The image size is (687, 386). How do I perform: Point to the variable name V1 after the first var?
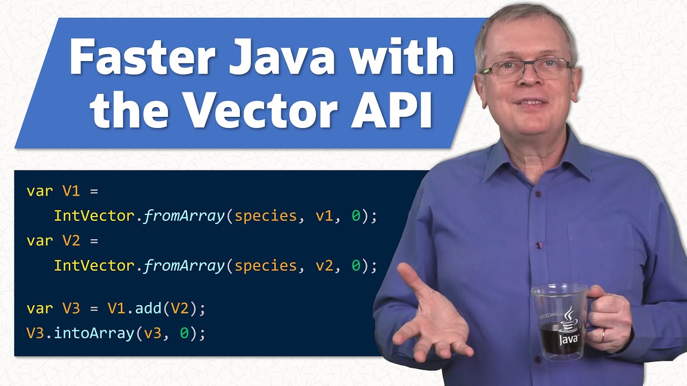[71, 191]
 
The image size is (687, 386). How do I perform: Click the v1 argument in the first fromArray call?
[324, 216]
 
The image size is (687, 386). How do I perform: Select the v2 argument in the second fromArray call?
[324, 265]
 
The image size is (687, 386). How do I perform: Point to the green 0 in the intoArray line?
[184, 333]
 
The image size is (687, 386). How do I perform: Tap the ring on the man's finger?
[603, 336]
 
